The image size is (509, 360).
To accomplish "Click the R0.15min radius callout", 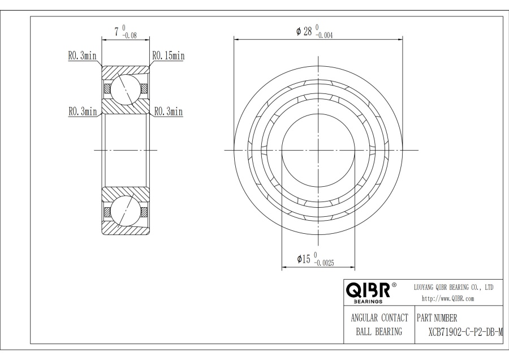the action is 169,56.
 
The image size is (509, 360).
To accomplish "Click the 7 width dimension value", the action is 117,32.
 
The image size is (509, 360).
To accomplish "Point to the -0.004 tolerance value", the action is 324,36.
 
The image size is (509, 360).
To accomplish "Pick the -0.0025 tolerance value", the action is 323,263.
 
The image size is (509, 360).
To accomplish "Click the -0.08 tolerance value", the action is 130,36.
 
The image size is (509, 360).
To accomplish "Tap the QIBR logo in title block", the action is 368,290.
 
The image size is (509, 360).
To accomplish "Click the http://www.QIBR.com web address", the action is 448,299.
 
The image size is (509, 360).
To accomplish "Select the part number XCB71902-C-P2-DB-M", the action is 465,332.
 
